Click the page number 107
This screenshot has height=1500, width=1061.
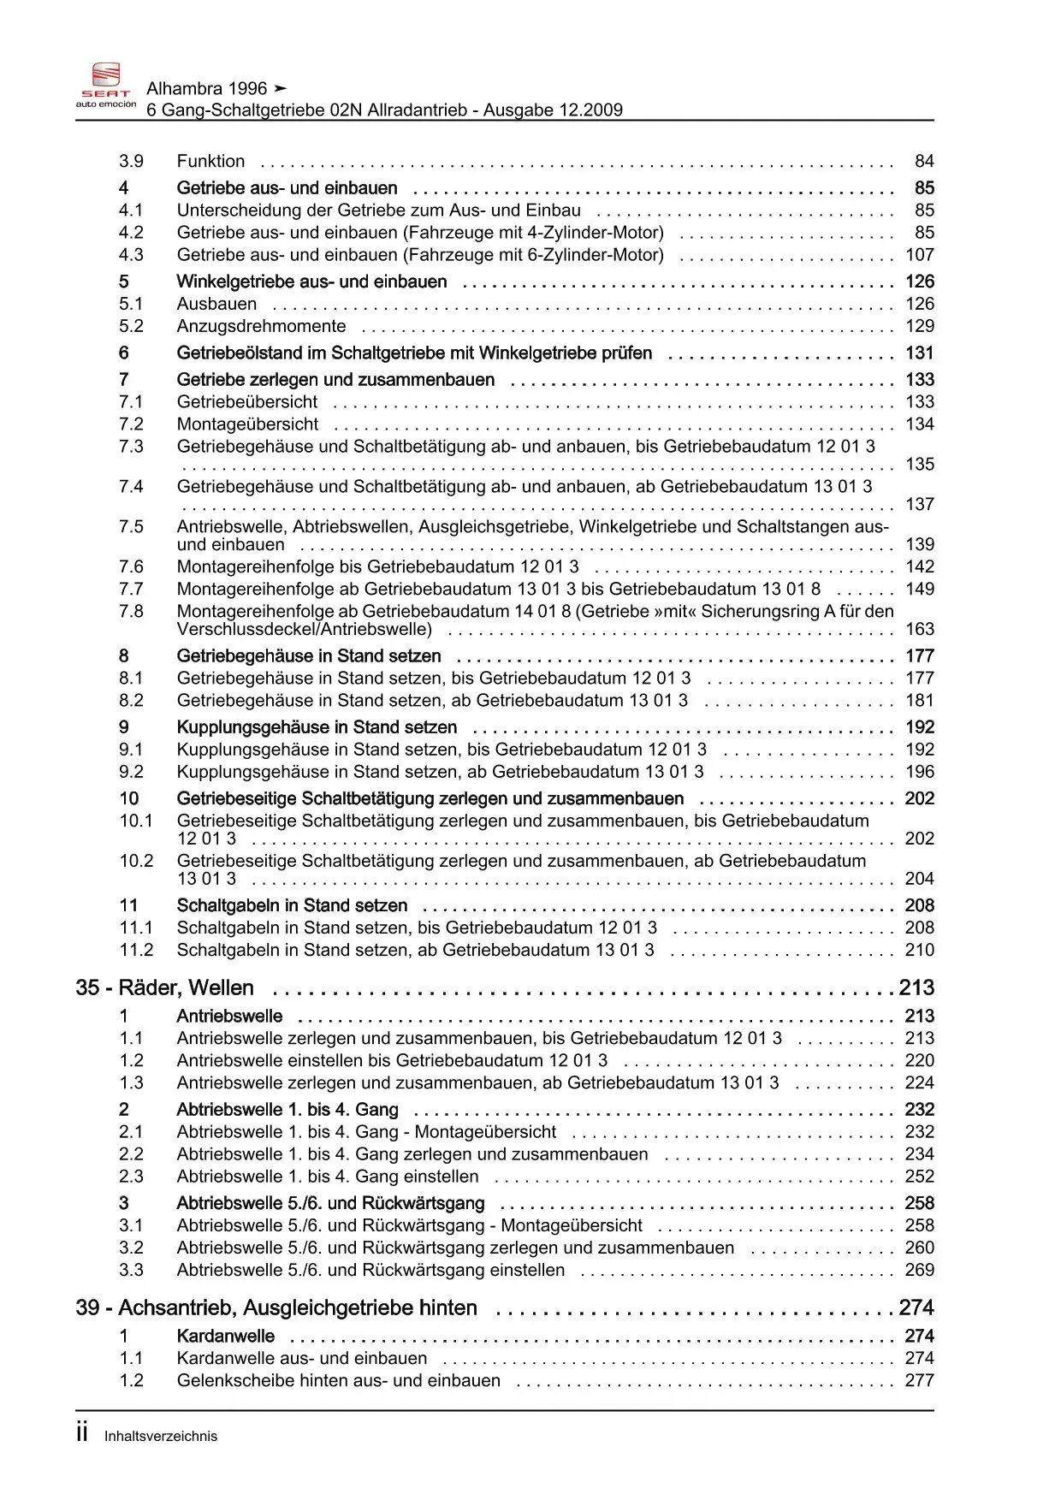pyautogui.click(x=920, y=255)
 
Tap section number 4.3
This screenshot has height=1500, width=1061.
pyautogui.click(x=131, y=255)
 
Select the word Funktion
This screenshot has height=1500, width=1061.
pyautogui.click(x=210, y=162)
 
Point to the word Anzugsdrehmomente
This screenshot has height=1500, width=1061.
pyautogui.click(x=261, y=326)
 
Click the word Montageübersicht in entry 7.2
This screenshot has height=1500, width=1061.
pyautogui.click(x=247, y=424)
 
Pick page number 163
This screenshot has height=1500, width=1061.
pyautogui.click(x=920, y=630)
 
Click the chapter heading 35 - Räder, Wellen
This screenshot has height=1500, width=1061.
pyautogui.click(x=164, y=988)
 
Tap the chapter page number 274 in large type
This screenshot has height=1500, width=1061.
pyautogui.click(x=916, y=1308)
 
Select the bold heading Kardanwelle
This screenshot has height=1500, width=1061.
pyautogui.click(x=225, y=1337)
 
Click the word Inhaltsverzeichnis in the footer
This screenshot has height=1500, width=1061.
pyautogui.click(x=161, y=1437)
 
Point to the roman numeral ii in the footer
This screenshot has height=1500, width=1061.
pyautogui.click(x=82, y=1434)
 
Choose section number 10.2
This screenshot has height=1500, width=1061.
pyautogui.click(x=136, y=861)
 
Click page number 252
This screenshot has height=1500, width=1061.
pyautogui.click(x=920, y=1177)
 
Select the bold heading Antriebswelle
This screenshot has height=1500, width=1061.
pyautogui.click(x=229, y=1017)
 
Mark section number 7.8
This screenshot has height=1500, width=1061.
pyautogui.click(x=131, y=612)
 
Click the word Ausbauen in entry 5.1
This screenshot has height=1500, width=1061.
pyautogui.click(x=216, y=304)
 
